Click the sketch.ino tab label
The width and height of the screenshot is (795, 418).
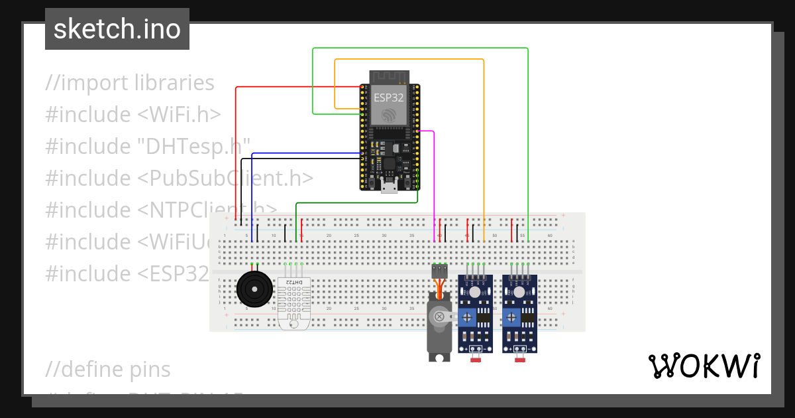point(117,29)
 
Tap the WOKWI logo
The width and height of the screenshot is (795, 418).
point(703,366)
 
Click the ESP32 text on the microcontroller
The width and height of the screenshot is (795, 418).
point(388,97)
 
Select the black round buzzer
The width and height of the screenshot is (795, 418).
point(252,289)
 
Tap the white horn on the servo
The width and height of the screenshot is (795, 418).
point(444,317)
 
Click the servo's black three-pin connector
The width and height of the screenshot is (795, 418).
point(439,271)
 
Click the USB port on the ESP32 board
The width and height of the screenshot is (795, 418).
point(390,187)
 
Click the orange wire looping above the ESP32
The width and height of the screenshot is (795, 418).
point(411,60)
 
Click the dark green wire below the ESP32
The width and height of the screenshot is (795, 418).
point(358,203)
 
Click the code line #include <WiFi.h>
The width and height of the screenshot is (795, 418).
point(132,115)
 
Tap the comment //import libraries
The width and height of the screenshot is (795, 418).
point(130,83)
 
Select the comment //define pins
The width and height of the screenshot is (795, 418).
point(108,369)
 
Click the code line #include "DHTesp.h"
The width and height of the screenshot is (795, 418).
point(147,147)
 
